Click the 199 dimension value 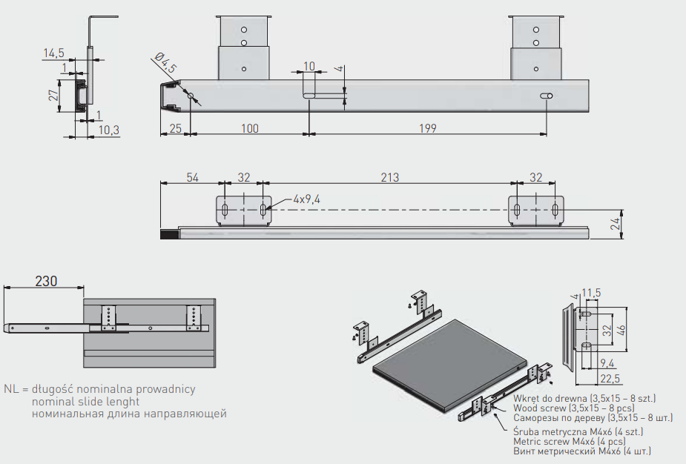pos(427,128)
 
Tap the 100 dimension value pos(249,128)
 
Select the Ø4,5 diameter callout pos(165,62)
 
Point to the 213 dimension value pos(389,177)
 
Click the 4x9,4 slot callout pos(307,199)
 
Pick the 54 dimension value pos(193,177)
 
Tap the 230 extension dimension pos(46,281)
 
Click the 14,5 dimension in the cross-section pos(54,53)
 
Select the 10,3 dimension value pos(108,130)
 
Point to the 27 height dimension pos(53,96)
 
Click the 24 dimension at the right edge pos(616,224)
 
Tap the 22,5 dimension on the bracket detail pos(610,378)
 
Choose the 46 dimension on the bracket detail pos(621,330)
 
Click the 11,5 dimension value pos(591,293)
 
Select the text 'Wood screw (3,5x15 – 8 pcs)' pos(574,408)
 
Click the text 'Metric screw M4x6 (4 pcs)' pos(570,441)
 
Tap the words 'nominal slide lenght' pos(86,402)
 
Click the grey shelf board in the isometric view pos(451,365)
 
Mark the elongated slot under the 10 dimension pos(310,96)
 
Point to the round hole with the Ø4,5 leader pos(191,96)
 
